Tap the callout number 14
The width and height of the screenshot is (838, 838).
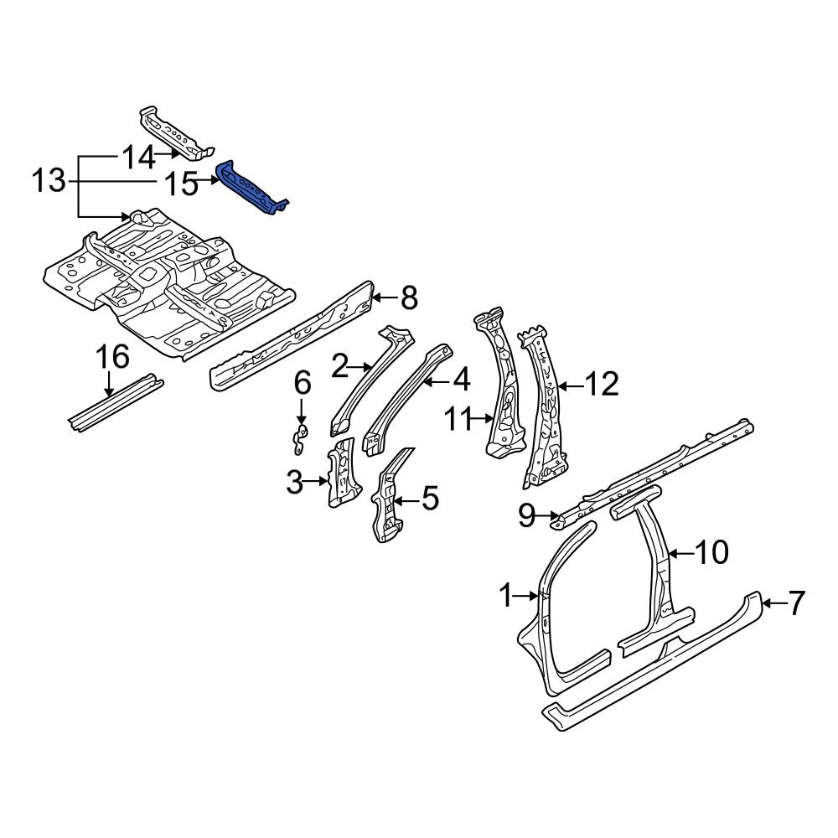point(138,158)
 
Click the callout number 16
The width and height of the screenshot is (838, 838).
point(112,356)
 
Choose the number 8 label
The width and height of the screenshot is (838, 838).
point(409,297)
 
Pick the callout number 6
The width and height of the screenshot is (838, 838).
point(303,384)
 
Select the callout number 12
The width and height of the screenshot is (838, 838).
point(602,384)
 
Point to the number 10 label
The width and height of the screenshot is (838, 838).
point(711,551)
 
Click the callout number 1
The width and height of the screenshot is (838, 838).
point(506,595)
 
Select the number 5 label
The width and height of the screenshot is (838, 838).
point(430,498)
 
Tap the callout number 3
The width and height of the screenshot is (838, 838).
point(295,482)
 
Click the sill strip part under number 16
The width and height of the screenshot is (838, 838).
point(116,402)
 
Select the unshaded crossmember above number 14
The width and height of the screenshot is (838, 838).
point(176,133)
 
